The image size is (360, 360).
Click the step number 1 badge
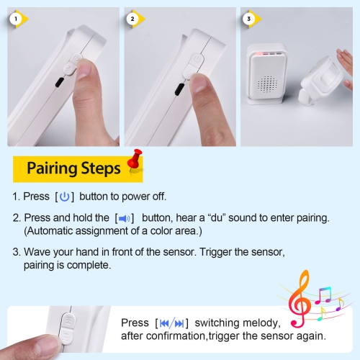coord(16,19)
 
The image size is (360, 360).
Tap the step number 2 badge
coord(132,19)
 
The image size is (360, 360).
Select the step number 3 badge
coord(249,19)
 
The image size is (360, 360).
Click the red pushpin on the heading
coord(135,161)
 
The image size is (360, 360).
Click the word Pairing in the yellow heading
coord(52,169)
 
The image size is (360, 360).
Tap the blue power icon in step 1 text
coord(64,197)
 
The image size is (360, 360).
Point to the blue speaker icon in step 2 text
coord(125,219)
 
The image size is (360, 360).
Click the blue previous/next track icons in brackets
coord(171,323)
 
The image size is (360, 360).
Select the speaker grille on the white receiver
coord(267,84)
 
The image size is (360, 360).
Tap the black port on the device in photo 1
coord(60,82)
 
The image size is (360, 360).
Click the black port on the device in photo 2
coord(179,89)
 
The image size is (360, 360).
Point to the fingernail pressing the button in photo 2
coord(198,82)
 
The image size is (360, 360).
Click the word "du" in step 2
coord(218,218)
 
